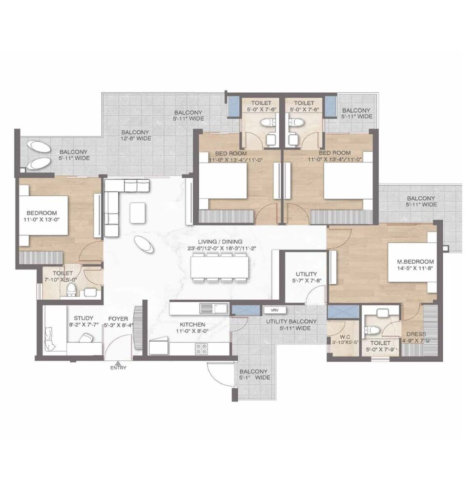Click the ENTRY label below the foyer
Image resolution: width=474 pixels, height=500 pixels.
click(118, 368)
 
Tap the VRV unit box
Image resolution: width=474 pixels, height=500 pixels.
click(274, 310)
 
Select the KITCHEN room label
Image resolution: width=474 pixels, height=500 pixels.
click(192, 324)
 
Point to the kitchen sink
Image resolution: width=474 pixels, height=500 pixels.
click(214, 308)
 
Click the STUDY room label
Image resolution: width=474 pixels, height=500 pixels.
click(83, 318)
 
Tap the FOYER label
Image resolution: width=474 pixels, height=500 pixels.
click(118, 318)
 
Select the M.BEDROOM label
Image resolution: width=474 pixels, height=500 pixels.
click(415, 262)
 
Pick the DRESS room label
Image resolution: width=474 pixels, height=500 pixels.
click(416, 334)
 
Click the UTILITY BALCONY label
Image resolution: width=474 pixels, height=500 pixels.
click(291, 321)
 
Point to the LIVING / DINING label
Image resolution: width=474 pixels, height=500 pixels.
click(220, 242)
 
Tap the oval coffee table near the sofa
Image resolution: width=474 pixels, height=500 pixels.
click(144, 244)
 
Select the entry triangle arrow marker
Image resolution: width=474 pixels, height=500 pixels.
click(118, 363)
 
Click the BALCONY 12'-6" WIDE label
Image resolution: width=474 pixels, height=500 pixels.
click(135, 135)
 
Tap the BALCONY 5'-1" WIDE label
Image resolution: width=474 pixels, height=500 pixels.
click(254, 375)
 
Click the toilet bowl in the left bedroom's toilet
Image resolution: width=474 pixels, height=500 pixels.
click(71, 289)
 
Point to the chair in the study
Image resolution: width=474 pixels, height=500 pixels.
click(85, 337)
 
